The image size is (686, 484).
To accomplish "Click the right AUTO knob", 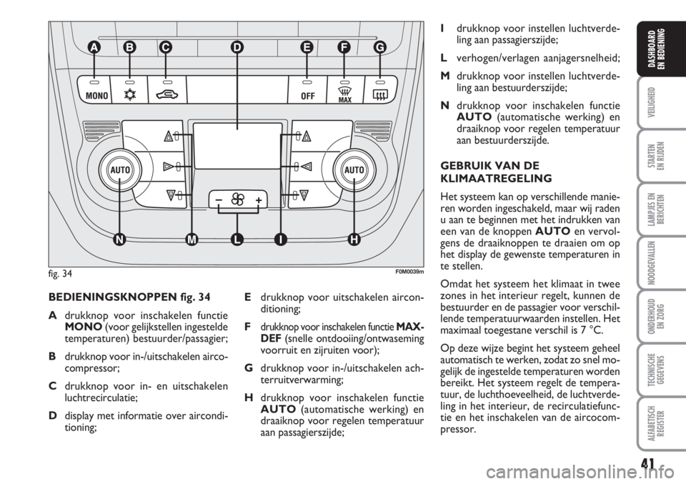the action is point(354,171).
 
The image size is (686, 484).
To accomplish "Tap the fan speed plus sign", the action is point(257,199).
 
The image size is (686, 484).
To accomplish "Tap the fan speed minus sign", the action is point(217,199).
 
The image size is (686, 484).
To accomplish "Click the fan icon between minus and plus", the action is point(237,199).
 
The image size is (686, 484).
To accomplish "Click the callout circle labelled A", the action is point(94,47).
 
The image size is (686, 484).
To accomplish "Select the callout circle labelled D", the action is point(237,47).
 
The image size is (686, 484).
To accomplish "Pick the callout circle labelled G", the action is point(379,47).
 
